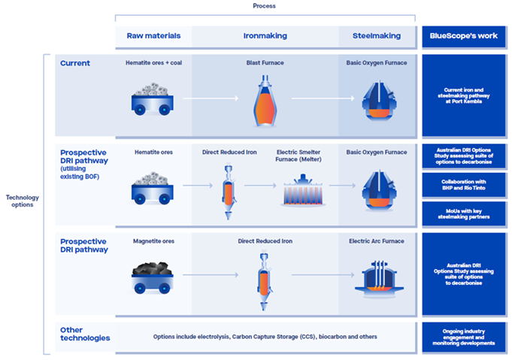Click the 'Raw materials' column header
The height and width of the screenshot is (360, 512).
click(153, 35)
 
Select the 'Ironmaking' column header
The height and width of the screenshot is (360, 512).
click(265, 35)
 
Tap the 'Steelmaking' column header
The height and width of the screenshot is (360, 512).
click(377, 35)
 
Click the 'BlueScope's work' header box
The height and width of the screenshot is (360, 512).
click(462, 35)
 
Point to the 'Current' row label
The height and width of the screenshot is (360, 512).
click(75, 63)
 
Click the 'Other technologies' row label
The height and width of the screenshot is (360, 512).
click(85, 334)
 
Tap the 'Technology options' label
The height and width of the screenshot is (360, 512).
click(22, 202)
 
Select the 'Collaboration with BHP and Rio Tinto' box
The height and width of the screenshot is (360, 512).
click(462, 186)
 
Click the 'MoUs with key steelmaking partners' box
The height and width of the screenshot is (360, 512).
click(462, 213)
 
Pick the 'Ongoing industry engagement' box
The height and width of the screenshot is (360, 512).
click(462, 337)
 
